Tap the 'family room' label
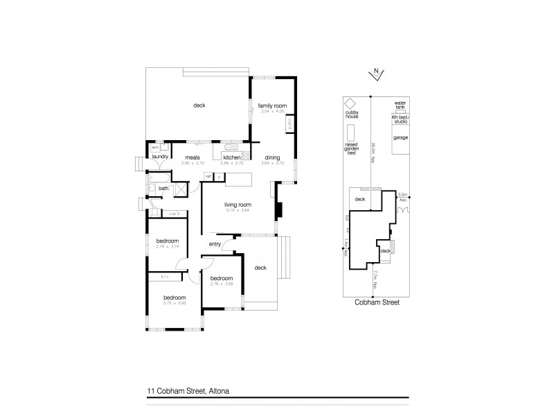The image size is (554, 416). (x=272, y=106)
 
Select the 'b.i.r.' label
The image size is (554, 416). (x=166, y=276)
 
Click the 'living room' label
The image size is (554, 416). (x=237, y=205)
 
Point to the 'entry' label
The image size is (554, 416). (x=214, y=244)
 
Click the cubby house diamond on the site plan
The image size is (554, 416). (x=351, y=103)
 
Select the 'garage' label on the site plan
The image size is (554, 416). (x=400, y=138)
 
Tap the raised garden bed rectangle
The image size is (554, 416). (x=351, y=132)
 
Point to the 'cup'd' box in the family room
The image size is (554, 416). (x=289, y=125)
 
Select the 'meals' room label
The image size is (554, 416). (x=189, y=157)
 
